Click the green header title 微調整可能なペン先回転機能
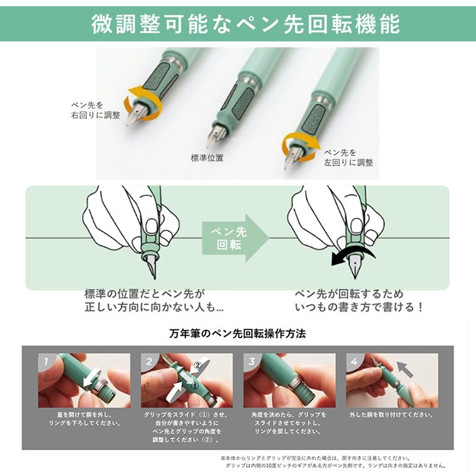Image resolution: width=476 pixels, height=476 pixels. click(x=246, y=24)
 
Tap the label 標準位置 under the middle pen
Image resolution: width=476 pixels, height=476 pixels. click(x=207, y=158)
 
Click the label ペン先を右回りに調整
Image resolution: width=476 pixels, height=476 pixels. click(x=96, y=110)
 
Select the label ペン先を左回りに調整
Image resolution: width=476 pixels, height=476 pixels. click(x=348, y=158)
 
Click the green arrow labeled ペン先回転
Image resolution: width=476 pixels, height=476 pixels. click(x=235, y=238)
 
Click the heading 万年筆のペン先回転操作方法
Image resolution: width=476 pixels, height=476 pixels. click(x=237, y=334)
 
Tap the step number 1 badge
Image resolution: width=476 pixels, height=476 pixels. click(x=46, y=361)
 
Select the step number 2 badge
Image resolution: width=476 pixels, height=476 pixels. click(x=149, y=361)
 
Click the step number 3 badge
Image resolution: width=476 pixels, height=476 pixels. click(x=251, y=361)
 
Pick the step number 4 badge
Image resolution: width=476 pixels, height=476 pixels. click(x=354, y=361)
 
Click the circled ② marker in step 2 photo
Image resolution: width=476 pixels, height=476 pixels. click(x=198, y=366)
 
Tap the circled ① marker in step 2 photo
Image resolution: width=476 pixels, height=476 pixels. click(x=195, y=386)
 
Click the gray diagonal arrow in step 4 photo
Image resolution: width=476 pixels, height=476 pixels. click(x=405, y=369)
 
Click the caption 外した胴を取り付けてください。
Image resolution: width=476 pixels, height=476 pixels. click(x=391, y=415)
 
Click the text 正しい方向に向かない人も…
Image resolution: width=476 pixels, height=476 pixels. click(x=154, y=308)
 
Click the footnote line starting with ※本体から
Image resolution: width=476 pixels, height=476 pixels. click(x=316, y=458)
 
